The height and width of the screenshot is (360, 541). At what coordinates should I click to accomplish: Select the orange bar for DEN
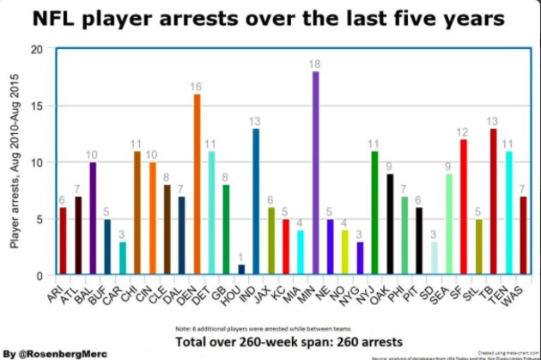tap(197, 185)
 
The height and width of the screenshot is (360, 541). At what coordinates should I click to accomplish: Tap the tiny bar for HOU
tap(241, 270)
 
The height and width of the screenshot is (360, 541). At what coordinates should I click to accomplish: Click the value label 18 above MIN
tap(316, 64)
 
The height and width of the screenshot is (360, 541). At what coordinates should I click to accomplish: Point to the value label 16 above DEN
tap(197, 87)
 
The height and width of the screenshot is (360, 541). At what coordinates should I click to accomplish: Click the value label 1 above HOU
tap(241, 256)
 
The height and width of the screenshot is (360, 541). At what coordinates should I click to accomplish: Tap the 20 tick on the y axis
tap(36, 50)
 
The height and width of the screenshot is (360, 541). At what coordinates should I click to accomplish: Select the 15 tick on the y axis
tap(36, 107)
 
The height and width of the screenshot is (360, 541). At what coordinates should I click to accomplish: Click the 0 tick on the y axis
tap(40, 276)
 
